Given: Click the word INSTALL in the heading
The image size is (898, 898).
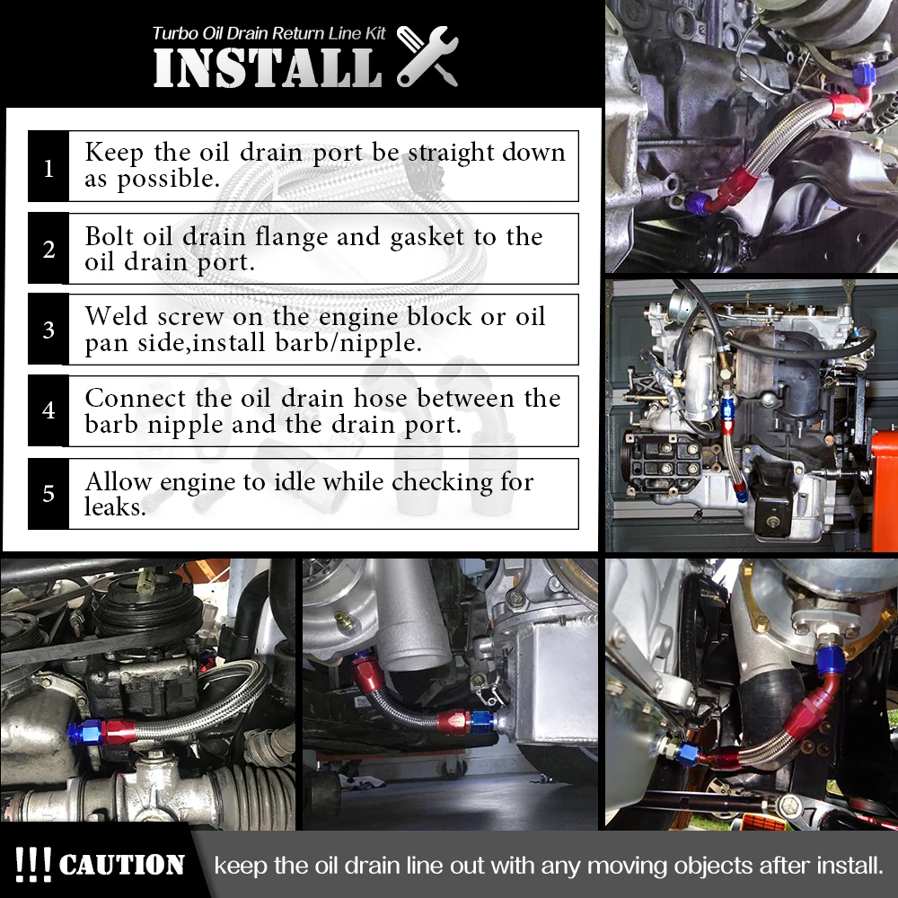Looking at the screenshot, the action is pos(268,67).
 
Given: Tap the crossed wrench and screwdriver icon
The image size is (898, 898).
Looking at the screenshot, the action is pos(427,56).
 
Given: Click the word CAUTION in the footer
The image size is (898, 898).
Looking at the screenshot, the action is pos(121,865).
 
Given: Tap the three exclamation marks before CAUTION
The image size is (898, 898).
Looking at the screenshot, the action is pos(32,864).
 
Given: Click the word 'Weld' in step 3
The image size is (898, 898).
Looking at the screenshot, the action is pos(116,316).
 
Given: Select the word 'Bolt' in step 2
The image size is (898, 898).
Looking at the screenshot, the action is pos(110,236).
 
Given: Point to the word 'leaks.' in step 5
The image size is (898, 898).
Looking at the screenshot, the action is pos(115,506).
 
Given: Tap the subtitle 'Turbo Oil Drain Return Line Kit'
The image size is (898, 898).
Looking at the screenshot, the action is pos(269,33).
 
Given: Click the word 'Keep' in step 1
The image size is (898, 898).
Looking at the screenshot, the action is pos(114,153).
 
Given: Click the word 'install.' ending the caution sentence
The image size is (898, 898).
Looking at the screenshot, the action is pos(850,865).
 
